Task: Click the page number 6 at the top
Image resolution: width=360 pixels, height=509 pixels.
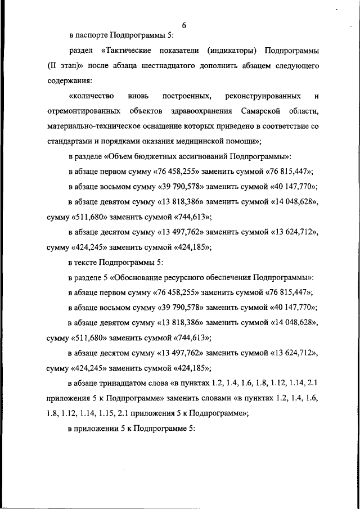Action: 184,25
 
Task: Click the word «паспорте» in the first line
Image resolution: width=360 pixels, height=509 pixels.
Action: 91,35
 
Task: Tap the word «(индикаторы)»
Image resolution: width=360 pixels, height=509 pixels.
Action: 229,51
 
